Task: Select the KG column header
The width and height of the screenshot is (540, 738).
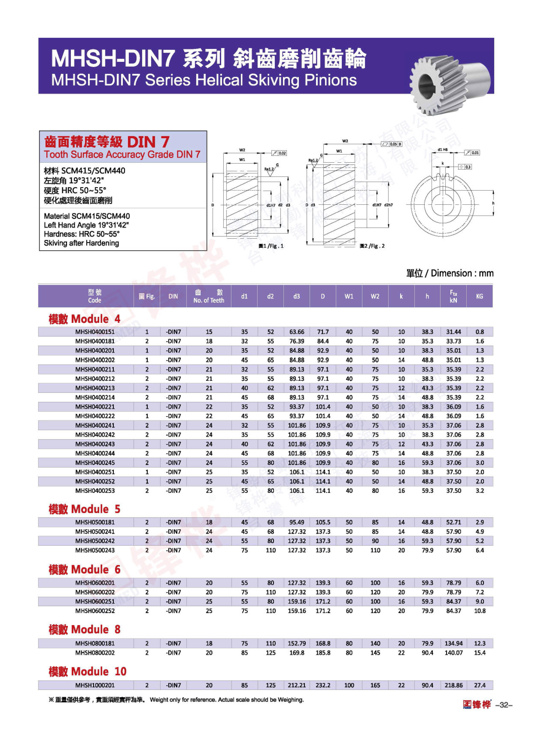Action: (479, 296)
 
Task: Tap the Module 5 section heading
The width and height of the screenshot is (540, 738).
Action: (84, 509)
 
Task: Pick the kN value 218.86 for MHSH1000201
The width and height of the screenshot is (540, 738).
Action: (453, 685)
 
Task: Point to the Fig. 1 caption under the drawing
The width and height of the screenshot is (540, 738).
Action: (271, 246)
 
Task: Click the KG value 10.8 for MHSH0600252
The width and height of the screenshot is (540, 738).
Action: (479, 611)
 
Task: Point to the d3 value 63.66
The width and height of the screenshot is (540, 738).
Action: (296, 331)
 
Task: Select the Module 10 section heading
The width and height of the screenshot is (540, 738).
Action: (87, 671)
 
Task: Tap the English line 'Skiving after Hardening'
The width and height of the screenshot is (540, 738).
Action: (81, 243)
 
